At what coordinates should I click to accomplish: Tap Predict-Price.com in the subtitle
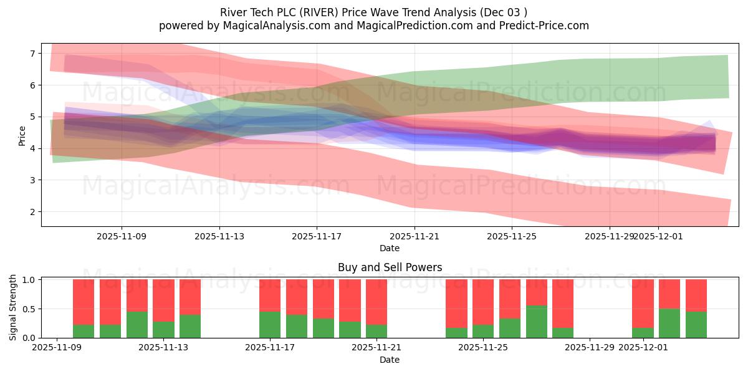[x=549, y=26]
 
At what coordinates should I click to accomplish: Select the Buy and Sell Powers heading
[x=390, y=267]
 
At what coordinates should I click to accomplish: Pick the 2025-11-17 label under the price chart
[x=317, y=236]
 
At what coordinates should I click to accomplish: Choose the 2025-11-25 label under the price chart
[x=512, y=236]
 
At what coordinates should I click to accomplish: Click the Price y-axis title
[x=22, y=135]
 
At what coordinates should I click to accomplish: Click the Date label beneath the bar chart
[x=390, y=360]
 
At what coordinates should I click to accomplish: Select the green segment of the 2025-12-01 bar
[x=643, y=333]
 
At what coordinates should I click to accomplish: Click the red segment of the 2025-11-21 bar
[x=376, y=302]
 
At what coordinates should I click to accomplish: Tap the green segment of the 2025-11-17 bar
[x=270, y=325]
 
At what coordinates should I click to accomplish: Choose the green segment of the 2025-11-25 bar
[x=483, y=332]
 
